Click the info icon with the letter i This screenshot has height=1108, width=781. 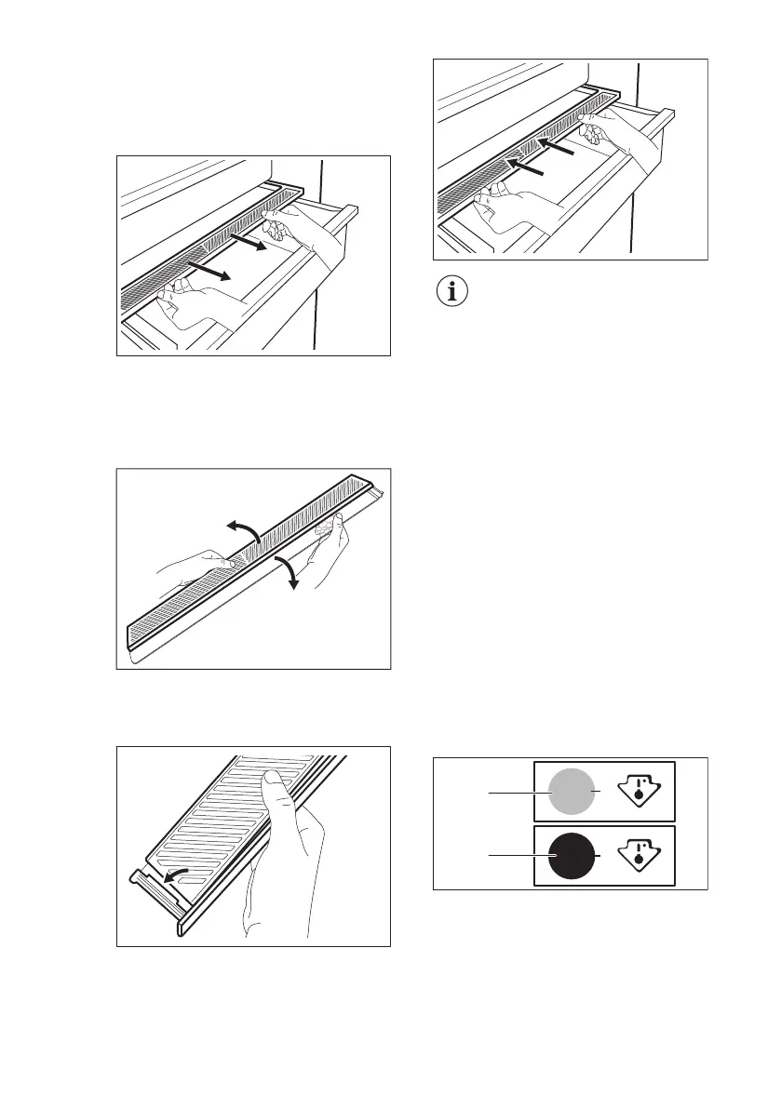tap(453, 291)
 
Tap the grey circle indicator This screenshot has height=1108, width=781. tap(570, 792)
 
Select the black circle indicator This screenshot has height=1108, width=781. tap(570, 855)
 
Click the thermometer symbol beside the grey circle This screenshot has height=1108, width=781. tap(644, 792)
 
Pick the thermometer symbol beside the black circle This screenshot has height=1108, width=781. tap(644, 855)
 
